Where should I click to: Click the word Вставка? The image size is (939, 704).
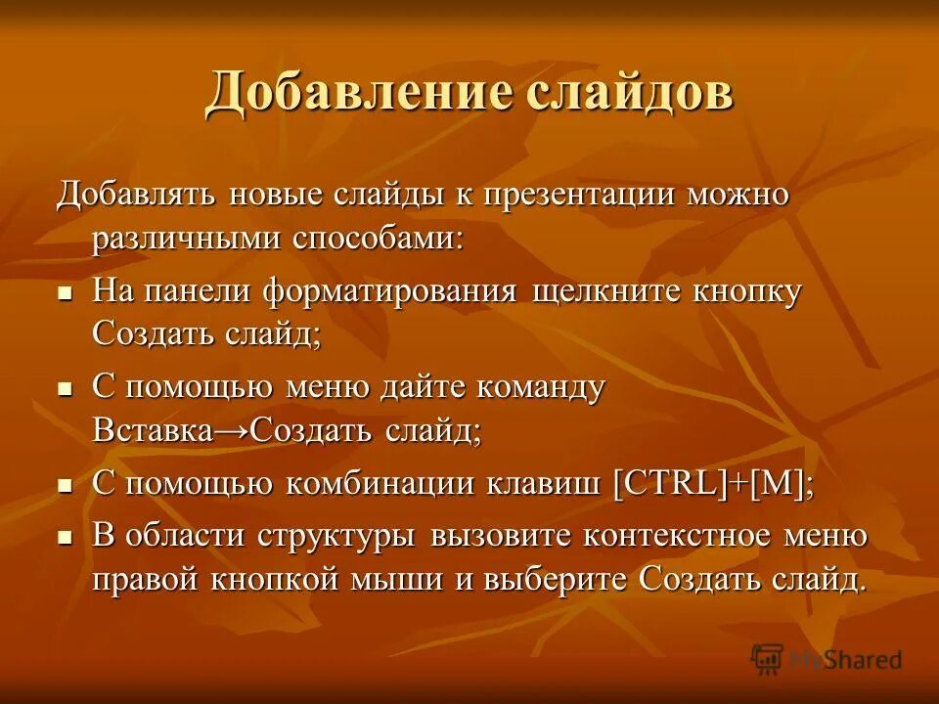click(x=153, y=431)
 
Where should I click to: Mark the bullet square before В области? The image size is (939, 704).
click(x=66, y=537)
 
